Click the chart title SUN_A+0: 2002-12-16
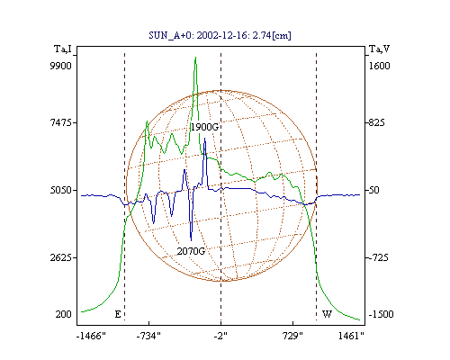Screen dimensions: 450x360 (x=193, y=35)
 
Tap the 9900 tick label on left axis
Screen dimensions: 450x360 (x=60, y=66)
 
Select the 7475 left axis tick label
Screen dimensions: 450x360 (x=61, y=122)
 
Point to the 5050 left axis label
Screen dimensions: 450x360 (x=61, y=190)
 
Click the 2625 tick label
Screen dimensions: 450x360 (x=61, y=257)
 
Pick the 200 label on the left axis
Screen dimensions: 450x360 (x=63, y=314)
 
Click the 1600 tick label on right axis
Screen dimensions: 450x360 (x=379, y=66)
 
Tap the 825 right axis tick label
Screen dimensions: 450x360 (x=377, y=122)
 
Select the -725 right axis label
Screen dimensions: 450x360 (x=379, y=257)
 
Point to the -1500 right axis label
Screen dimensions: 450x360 (x=381, y=314)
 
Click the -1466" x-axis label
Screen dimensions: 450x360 (x=91, y=336)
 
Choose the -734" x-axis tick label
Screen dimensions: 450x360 (x=148, y=336)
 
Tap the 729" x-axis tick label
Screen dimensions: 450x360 (x=292, y=336)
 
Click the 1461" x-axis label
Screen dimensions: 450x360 (x=351, y=336)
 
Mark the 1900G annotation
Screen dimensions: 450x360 (x=204, y=127)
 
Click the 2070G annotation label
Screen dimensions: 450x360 (x=191, y=251)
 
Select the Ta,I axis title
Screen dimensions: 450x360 (x=63, y=49)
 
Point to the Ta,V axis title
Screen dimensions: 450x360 (x=379, y=49)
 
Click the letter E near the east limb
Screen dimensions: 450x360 (x=118, y=314)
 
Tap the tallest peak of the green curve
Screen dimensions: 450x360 (x=195, y=57)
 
